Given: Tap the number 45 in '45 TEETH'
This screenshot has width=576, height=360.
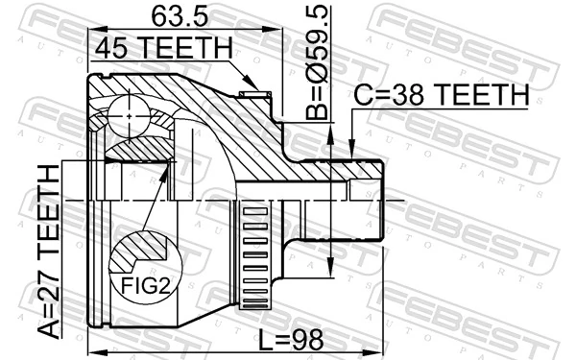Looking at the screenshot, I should click(x=111, y=49).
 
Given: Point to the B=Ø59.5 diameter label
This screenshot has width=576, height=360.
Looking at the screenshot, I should click(x=316, y=61).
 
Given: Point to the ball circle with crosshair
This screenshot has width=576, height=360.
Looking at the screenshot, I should click(x=129, y=113).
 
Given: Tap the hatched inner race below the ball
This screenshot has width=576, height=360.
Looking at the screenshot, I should click(x=134, y=149).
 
